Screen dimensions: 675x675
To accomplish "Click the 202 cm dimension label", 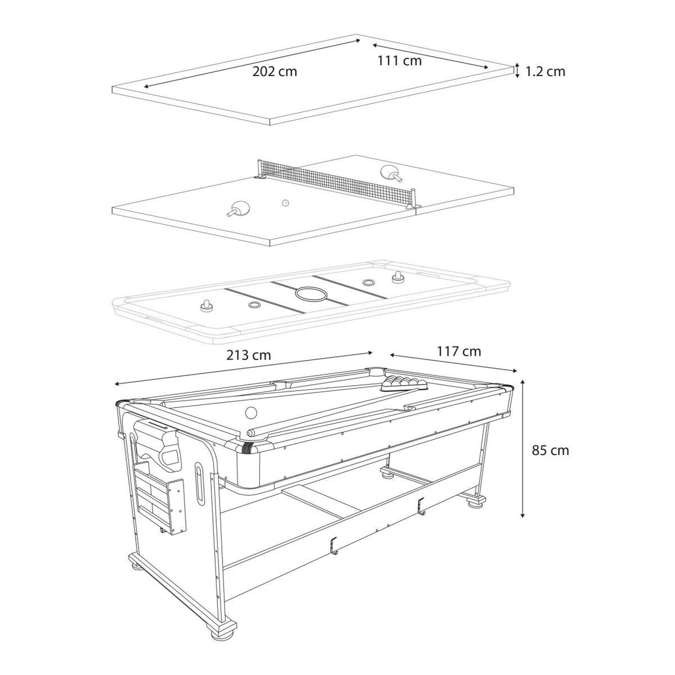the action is coord(275,72).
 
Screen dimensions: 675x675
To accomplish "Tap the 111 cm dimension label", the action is coord(399,61).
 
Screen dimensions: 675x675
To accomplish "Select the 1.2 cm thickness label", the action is coord(545,72).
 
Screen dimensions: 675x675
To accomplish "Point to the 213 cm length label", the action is coord(249,355).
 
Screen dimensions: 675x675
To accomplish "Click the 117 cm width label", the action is coord(459,351).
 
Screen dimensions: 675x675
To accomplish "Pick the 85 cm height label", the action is coord(550,451).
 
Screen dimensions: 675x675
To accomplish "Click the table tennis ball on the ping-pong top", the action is coord(285,203).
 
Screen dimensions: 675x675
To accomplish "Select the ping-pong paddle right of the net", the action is coord(390,173).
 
